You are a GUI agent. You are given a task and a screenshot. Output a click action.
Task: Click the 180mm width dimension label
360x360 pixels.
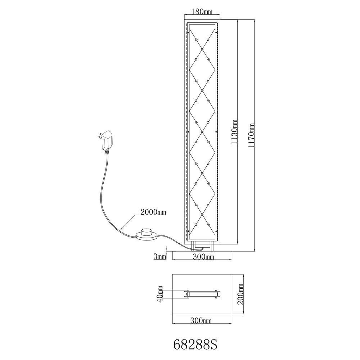point(202,12)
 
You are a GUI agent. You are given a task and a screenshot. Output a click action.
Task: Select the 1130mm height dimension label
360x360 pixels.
point(234,132)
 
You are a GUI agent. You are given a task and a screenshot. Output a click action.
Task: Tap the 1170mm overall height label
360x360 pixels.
point(252,136)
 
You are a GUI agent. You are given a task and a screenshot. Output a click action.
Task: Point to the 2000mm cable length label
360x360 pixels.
point(153,212)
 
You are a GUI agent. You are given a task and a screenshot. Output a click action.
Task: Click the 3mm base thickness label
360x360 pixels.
point(159,256)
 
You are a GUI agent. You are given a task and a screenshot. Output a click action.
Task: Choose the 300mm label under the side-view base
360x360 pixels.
point(203,257)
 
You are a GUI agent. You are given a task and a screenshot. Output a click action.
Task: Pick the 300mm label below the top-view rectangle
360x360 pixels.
point(201,320)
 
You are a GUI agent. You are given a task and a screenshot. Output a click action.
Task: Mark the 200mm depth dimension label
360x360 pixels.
point(240,294)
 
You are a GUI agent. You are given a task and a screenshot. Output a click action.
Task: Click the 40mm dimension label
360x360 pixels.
point(160,294)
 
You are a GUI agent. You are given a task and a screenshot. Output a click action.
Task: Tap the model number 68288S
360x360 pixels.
point(195,345)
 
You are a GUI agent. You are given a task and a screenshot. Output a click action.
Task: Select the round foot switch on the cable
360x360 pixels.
point(147,235)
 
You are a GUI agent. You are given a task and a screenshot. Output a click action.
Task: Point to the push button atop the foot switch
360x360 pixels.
point(147,231)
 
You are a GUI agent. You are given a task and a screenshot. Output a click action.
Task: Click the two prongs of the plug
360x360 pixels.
point(100,137)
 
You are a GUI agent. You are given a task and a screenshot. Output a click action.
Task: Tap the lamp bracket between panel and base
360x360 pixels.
point(202,246)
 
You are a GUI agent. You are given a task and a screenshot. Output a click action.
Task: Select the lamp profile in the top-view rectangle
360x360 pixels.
point(202,294)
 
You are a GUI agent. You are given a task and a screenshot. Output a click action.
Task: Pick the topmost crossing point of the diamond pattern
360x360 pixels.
point(202,49)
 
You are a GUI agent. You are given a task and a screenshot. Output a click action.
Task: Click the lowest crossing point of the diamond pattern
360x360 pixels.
point(202,214)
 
